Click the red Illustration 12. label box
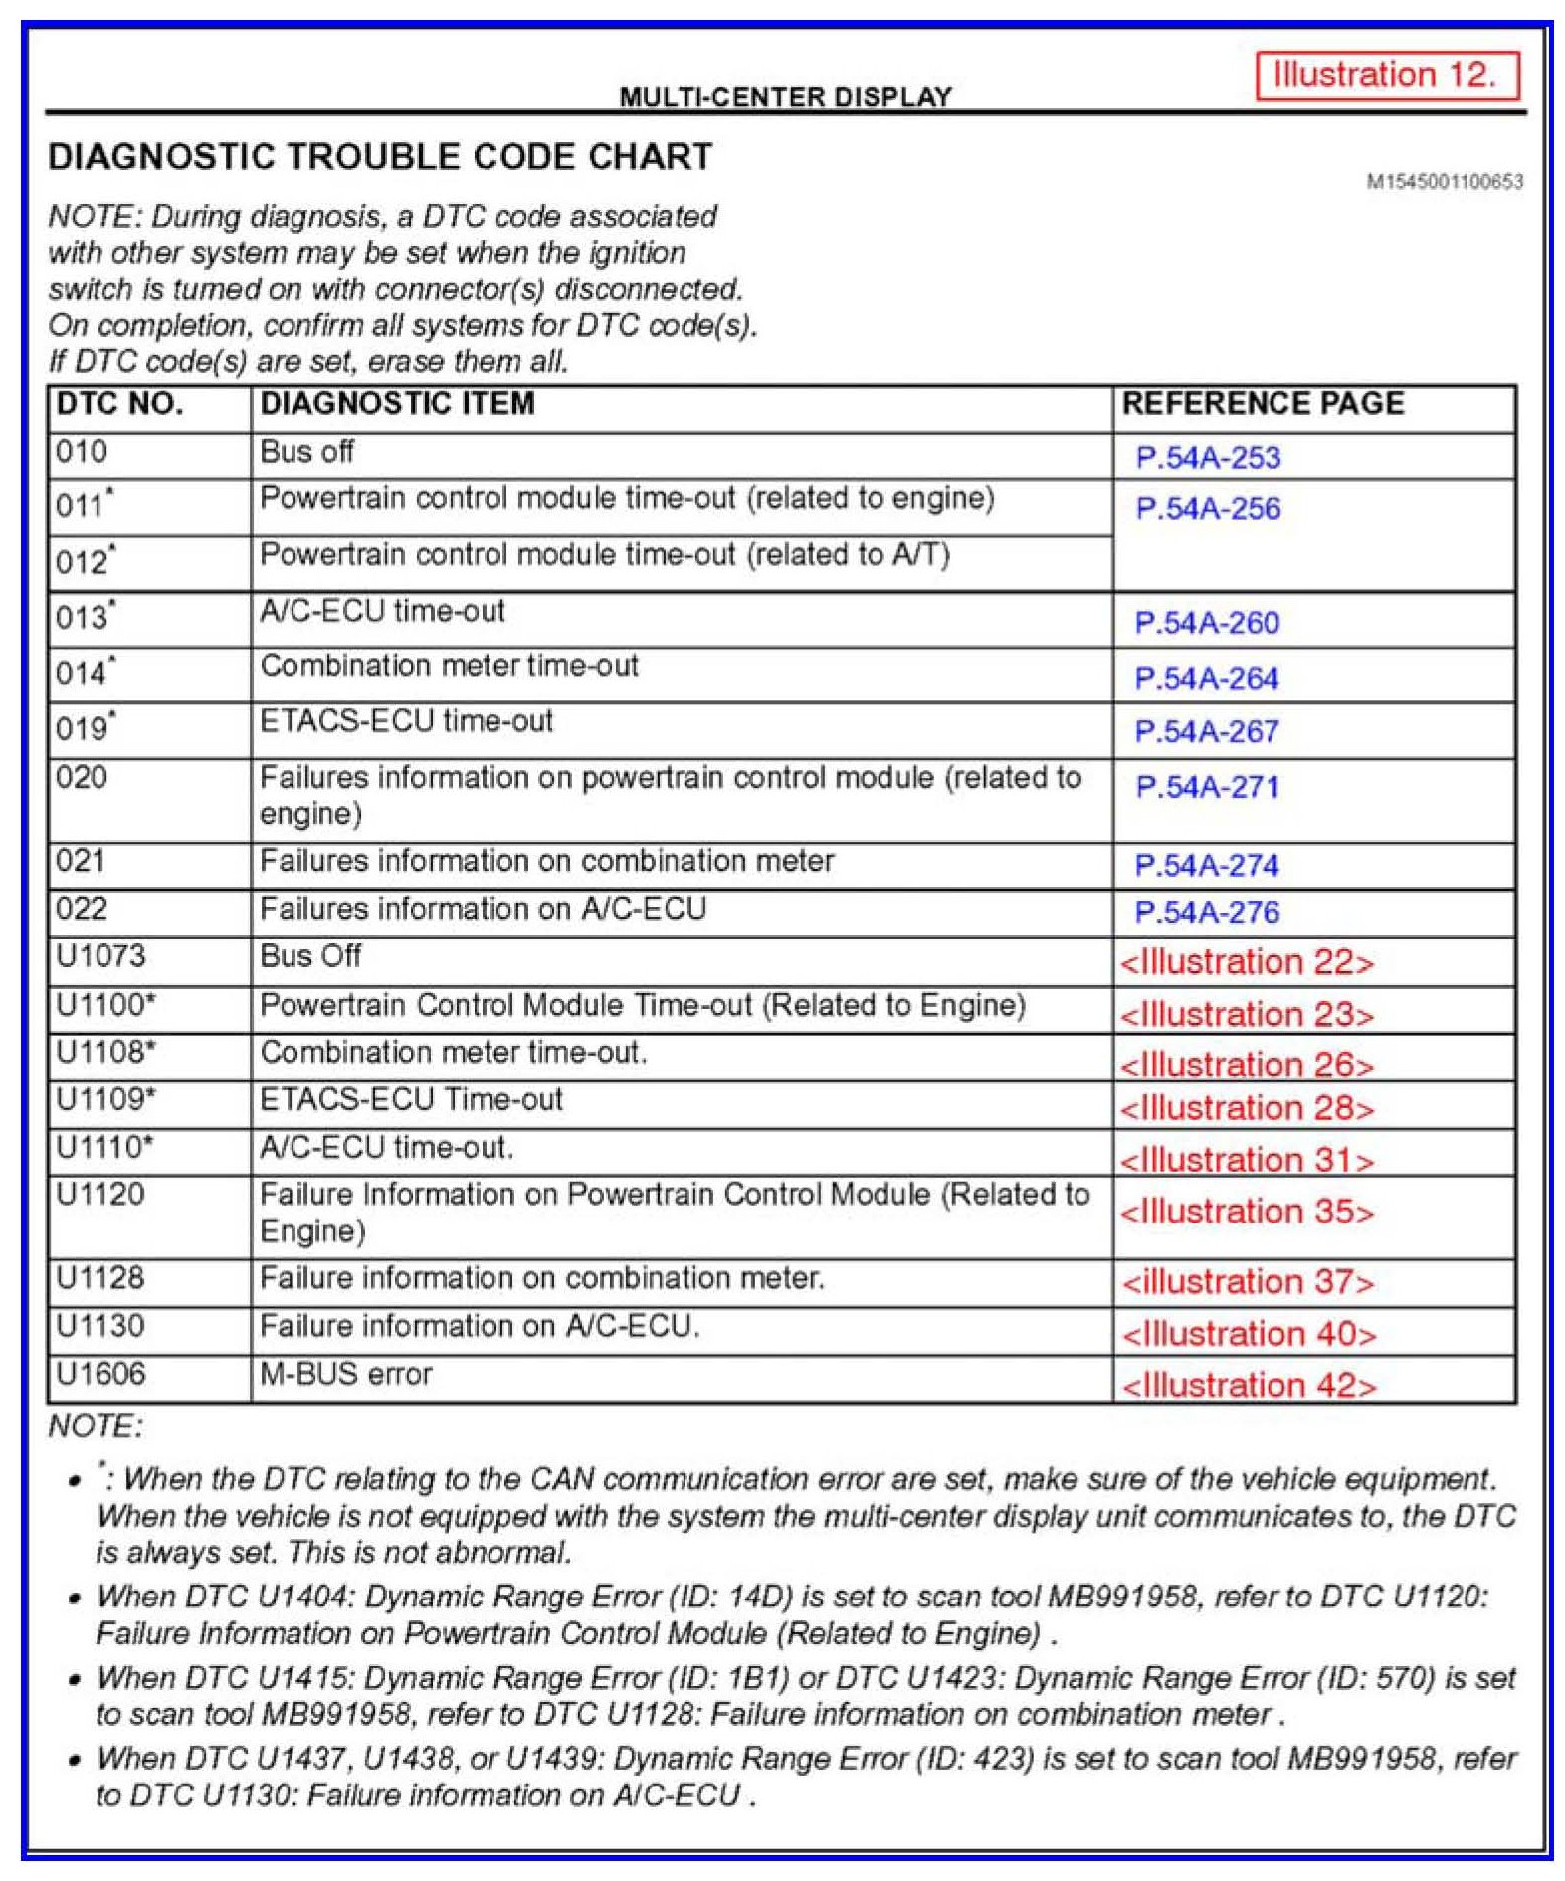(x=1386, y=76)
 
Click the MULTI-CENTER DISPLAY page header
(x=785, y=96)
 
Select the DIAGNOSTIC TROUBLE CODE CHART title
(x=380, y=157)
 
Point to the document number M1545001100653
(x=1444, y=181)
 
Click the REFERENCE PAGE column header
(x=1263, y=403)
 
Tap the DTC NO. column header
(x=119, y=403)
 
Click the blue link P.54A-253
(x=1208, y=458)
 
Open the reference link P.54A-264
(x=1206, y=679)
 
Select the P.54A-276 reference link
(x=1207, y=912)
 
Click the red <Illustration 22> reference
(x=1246, y=962)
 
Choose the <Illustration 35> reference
(x=1246, y=1212)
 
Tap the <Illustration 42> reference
(x=1249, y=1385)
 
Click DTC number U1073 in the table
(x=100, y=956)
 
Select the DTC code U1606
(x=100, y=1374)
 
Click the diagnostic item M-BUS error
(x=345, y=1374)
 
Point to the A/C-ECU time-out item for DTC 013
(x=382, y=611)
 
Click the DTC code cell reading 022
(x=81, y=909)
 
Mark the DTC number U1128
(x=100, y=1278)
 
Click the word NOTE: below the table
(x=96, y=1427)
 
